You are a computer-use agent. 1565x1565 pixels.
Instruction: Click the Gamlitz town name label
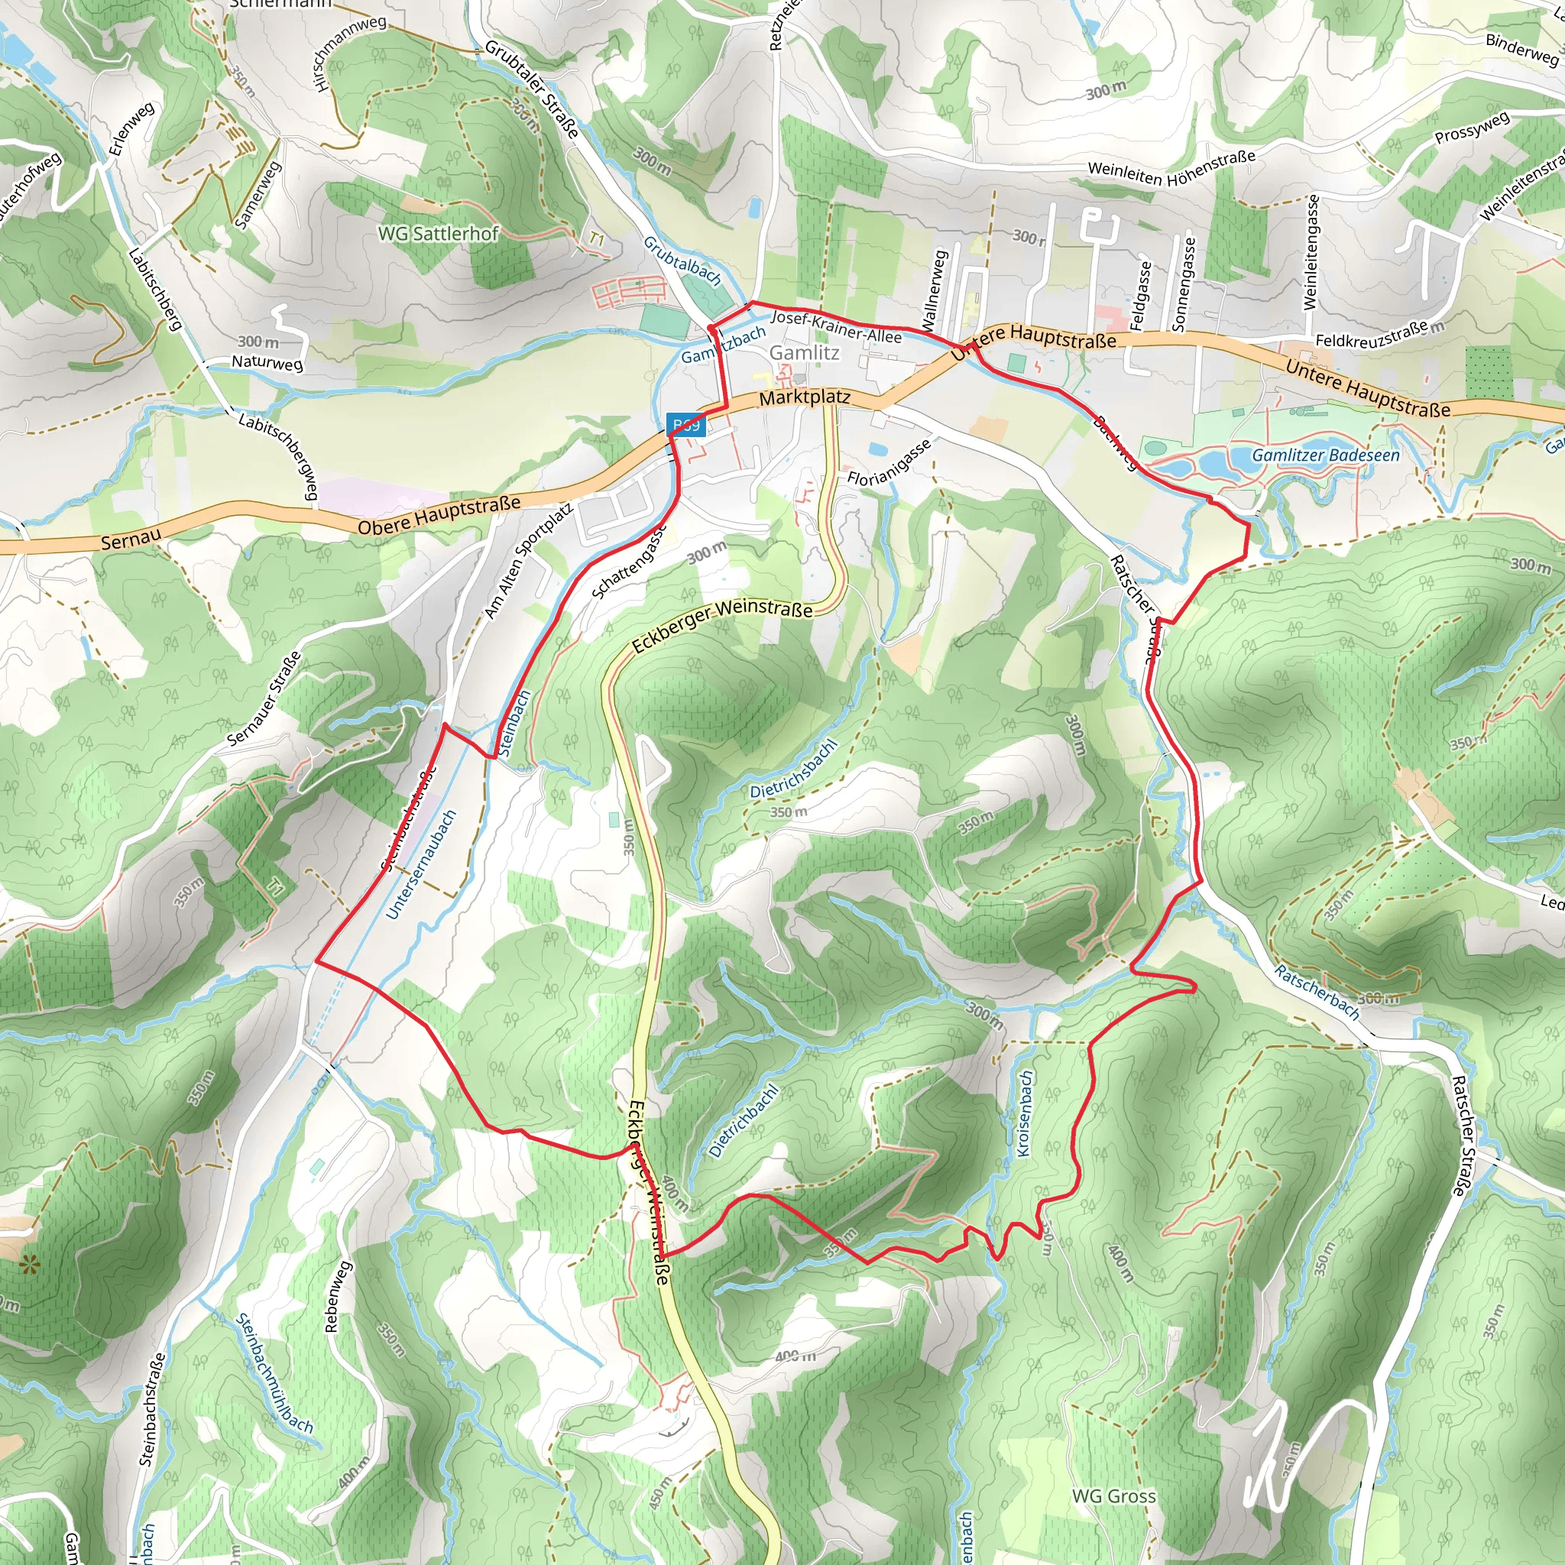click(804, 353)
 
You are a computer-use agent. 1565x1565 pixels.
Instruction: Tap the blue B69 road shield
click(686, 424)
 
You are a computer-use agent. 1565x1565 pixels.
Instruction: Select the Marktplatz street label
click(805, 397)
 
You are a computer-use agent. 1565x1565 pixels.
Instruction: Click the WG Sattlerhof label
click(438, 233)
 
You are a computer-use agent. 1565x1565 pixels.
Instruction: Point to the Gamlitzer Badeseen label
click(1325, 455)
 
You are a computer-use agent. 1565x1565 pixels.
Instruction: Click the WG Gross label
click(1114, 1496)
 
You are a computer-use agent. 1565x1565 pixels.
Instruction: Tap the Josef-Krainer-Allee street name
click(835, 326)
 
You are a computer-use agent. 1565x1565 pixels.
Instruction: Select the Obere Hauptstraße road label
click(439, 516)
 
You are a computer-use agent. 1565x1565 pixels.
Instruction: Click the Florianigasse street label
click(889, 462)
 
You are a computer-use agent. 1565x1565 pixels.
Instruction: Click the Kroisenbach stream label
click(1025, 1114)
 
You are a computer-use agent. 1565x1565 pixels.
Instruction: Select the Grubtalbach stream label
click(682, 261)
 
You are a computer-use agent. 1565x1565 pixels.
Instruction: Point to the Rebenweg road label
click(338, 1296)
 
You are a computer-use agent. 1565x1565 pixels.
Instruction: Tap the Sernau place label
click(131, 539)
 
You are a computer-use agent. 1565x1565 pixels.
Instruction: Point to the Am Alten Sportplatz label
click(529, 561)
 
